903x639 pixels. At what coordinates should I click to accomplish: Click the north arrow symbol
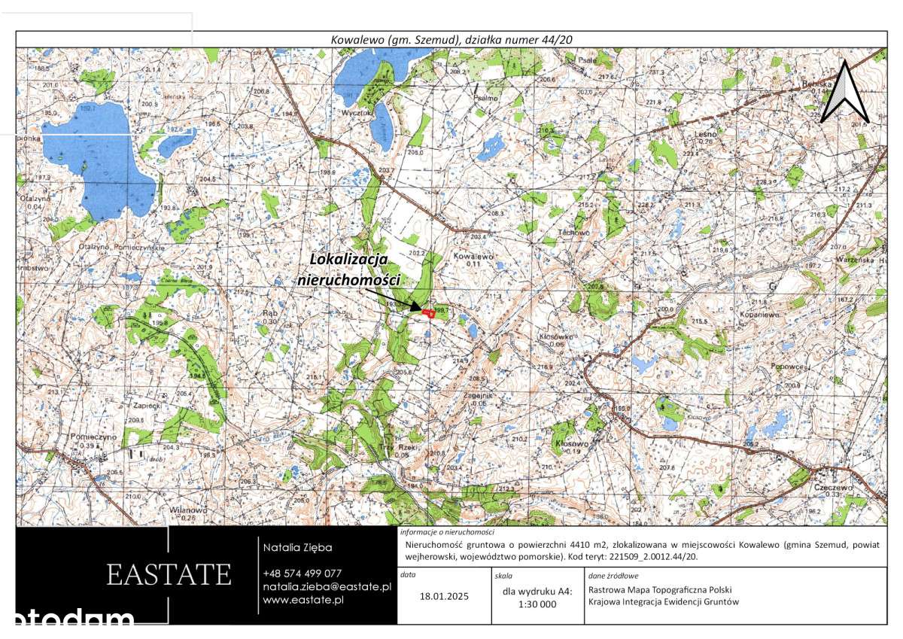click(844, 92)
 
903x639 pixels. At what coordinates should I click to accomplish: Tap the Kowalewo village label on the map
click(473, 257)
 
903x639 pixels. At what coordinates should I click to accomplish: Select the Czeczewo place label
click(832, 486)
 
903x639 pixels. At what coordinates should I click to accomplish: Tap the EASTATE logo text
click(169, 575)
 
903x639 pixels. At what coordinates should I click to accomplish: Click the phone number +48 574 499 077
click(302, 574)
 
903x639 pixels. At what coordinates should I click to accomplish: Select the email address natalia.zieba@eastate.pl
click(327, 586)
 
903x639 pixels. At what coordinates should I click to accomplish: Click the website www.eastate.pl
click(303, 600)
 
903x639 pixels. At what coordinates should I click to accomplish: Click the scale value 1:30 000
click(537, 604)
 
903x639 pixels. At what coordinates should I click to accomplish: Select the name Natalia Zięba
click(296, 547)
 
